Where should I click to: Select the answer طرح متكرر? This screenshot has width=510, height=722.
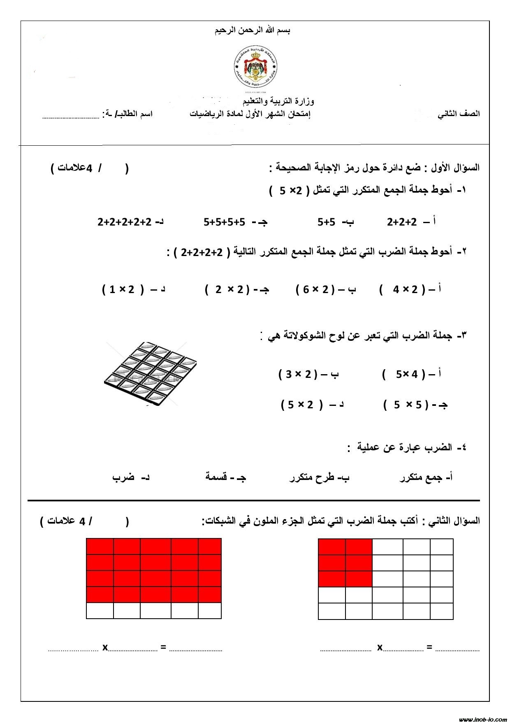[x=319, y=478]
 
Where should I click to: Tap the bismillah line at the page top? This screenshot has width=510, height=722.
[x=253, y=30]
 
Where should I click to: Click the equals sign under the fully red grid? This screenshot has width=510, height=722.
[x=163, y=647]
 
